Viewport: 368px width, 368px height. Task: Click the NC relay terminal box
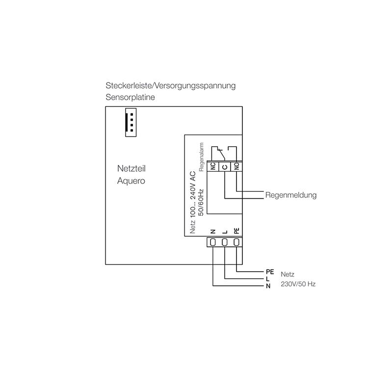tap(213, 166)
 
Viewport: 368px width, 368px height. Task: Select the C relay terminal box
tap(225, 166)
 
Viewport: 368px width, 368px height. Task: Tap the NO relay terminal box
tap(237, 166)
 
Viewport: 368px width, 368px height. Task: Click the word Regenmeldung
tap(290, 195)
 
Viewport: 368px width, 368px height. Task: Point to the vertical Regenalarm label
tap(201, 158)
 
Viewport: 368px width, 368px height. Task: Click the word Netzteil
tap(131, 168)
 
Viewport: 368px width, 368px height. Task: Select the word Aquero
tap(131, 180)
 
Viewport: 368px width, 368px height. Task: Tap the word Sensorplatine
tap(131, 97)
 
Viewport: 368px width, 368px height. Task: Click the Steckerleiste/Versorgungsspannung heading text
tap(171, 85)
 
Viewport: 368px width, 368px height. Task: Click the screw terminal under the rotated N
tap(213, 242)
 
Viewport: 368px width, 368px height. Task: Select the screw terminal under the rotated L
tap(225, 242)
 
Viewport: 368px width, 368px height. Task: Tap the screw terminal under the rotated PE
tap(237, 242)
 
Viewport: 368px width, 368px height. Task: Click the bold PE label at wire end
tap(269, 271)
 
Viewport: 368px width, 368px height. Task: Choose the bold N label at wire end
tap(268, 286)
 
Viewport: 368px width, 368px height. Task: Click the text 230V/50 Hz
tap(297, 284)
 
